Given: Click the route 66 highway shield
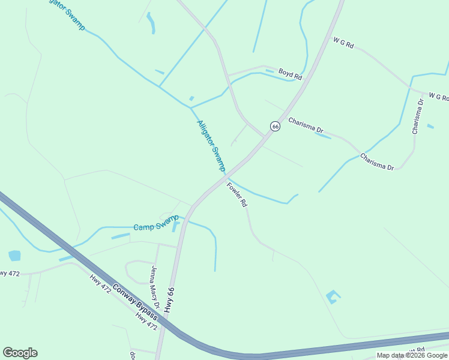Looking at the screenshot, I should [x=275, y=126].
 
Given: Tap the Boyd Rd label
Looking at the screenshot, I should [x=290, y=73].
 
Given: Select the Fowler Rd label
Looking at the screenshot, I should [x=237, y=194].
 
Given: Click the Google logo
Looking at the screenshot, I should [x=20, y=353].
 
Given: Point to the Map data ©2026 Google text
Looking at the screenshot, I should [x=412, y=355].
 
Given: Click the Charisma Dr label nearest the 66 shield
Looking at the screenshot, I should [x=306, y=125].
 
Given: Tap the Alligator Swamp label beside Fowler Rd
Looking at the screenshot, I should [x=211, y=146].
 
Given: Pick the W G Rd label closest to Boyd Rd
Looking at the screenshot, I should [x=343, y=43].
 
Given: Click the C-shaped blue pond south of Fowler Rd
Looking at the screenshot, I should [x=333, y=296].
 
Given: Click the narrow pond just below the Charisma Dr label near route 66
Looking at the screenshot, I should [x=322, y=136].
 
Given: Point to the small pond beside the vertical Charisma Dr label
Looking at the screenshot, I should [x=430, y=126].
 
